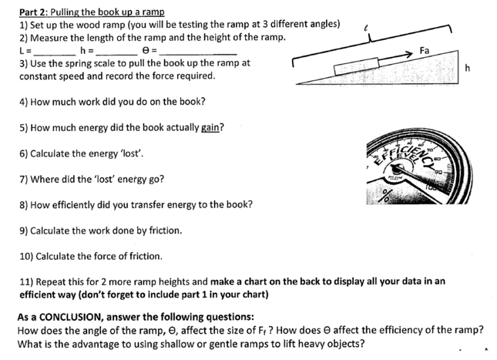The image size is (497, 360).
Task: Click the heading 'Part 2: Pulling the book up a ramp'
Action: pos(91,11)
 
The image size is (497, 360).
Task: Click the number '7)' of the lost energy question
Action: pos(24,180)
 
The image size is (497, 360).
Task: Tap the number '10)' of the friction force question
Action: pos(26,256)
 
